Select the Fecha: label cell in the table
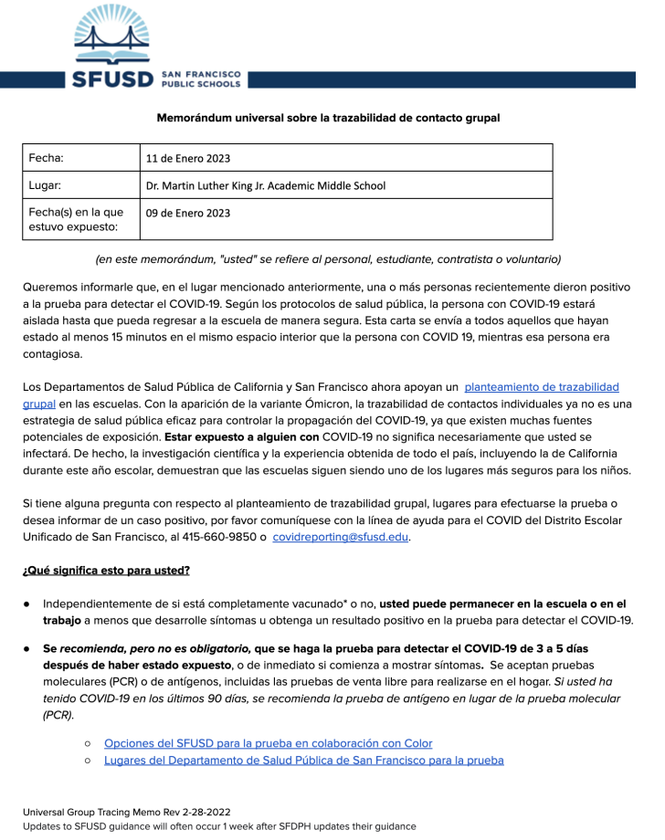click(47, 158)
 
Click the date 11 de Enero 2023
click(188, 158)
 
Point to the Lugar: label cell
click(46, 185)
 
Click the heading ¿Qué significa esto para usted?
click(106, 571)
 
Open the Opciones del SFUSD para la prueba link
click(268, 743)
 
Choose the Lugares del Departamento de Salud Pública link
click(303, 760)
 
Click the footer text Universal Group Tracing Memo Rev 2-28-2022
click(127, 809)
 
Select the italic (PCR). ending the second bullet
click(59, 715)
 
